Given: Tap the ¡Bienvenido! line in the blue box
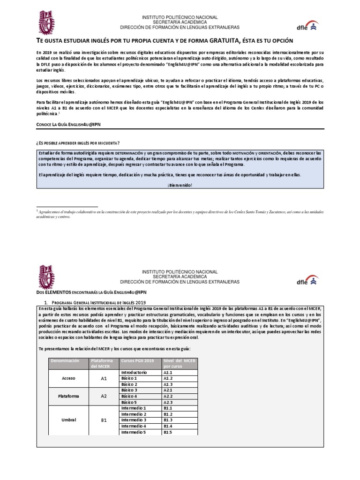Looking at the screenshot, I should (x=180, y=185).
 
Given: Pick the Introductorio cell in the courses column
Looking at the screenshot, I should (x=134, y=372).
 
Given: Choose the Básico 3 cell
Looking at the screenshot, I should (x=129, y=390).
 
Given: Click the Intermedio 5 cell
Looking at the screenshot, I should (x=134, y=432).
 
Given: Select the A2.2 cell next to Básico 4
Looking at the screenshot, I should (x=168, y=396).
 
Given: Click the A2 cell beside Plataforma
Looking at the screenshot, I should (x=104, y=396).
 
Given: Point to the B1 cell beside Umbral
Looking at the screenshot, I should (x=104, y=420).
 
